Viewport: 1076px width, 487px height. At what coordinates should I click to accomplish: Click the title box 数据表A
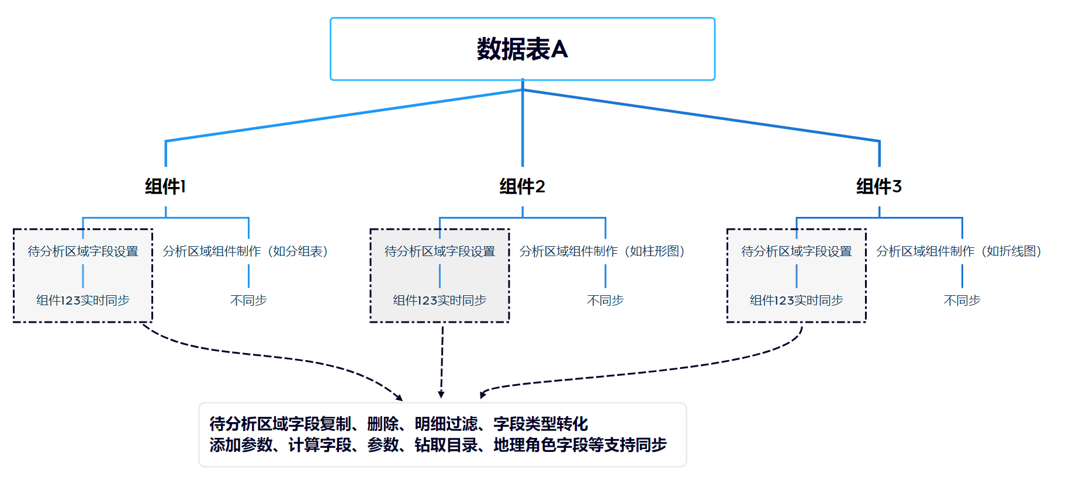point(522,49)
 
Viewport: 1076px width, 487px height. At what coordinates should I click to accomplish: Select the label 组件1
point(165,186)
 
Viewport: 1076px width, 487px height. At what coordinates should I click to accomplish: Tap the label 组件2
point(522,186)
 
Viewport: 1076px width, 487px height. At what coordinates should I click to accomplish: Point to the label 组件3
point(878,186)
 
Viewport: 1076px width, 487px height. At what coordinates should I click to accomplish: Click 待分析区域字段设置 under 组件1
point(83,251)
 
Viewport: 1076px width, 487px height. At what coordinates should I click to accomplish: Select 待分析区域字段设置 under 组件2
point(440,251)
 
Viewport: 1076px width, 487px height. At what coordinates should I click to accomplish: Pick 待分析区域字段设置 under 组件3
point(796,251)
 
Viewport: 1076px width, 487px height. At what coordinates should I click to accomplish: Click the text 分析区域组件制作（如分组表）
point(245,251)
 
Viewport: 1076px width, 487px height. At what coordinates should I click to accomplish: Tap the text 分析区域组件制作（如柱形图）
point(602,251)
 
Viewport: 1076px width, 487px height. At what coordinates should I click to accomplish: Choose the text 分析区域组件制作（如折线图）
point(959,251)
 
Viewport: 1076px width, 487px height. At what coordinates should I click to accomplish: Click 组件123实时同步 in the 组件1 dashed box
point(83,301)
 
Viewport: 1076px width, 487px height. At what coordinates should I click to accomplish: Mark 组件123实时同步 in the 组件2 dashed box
point(440,301)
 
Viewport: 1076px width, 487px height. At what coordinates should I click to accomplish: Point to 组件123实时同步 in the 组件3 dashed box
point(796,301)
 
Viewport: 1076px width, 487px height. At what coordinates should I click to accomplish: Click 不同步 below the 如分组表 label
point(248,301)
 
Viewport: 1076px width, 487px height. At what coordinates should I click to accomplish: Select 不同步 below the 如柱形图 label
point(605,301)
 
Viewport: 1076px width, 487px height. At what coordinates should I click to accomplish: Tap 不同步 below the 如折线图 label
point(961,301)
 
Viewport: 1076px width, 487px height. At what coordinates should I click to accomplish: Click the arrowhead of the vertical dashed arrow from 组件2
point(441,395)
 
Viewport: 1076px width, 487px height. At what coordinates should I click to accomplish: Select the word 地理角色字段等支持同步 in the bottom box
point(580,445)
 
